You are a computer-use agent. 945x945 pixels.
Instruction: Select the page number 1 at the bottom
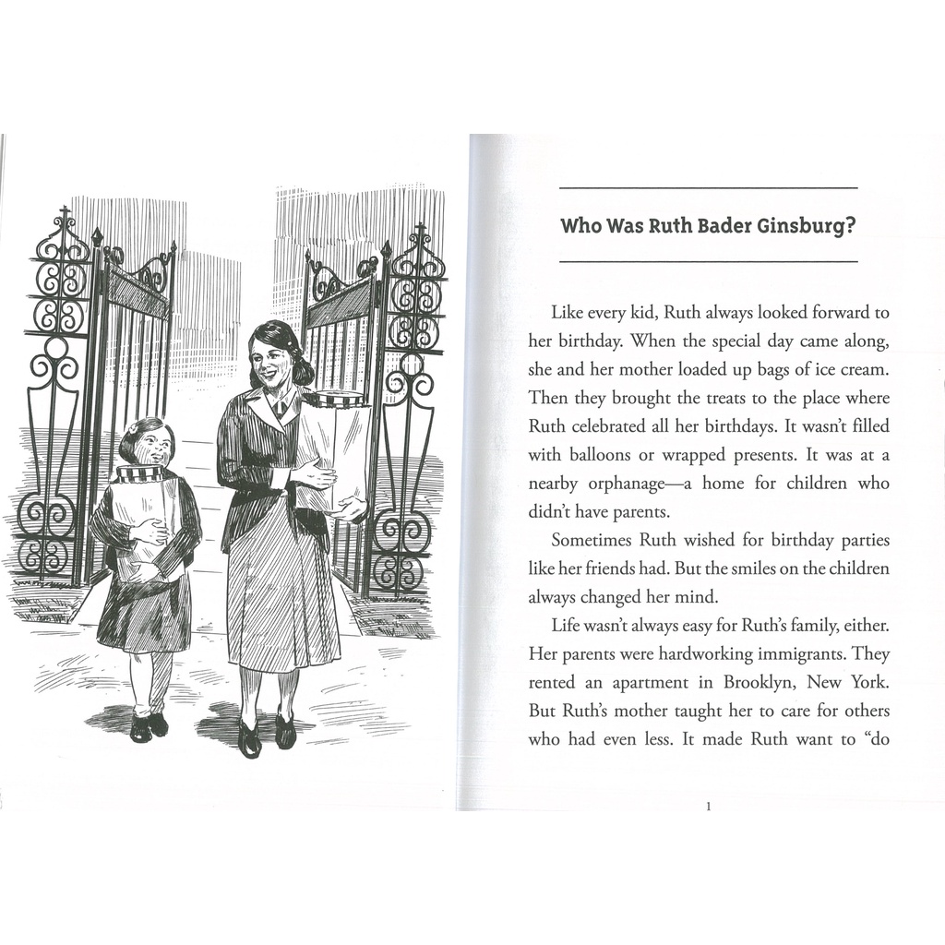(x=708, y=807)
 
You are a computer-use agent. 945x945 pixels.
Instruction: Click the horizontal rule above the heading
(x=709, y=187)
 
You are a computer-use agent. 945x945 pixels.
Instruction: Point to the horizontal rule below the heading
(x=709, y=262)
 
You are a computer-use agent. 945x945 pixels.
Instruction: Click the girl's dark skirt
(x=145, y=609)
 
